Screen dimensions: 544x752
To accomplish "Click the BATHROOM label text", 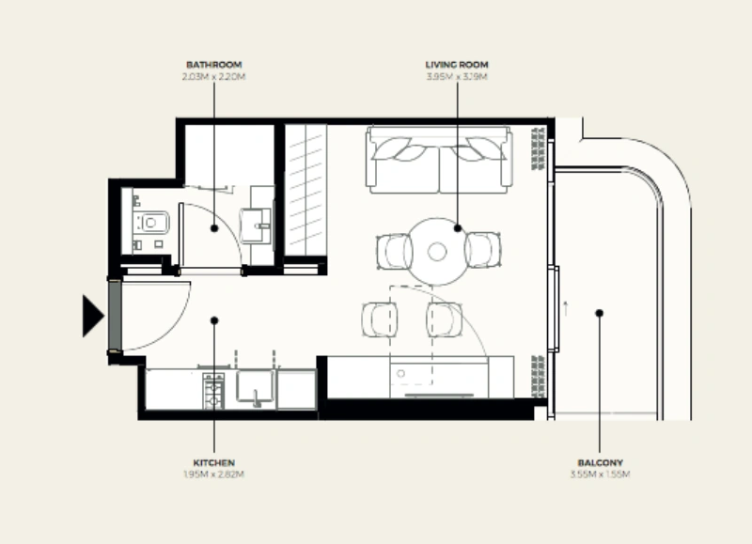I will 214,65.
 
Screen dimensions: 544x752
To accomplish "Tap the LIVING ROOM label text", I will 457,65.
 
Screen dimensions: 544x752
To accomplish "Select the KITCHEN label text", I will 214,463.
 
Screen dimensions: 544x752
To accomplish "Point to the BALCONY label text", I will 600,463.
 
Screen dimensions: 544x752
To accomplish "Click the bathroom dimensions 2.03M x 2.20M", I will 214,75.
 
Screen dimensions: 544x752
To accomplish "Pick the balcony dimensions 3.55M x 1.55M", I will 600,474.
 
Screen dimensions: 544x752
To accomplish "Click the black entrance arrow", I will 92,315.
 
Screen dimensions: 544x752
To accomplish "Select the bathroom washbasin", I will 256,223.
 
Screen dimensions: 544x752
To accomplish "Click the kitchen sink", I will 255,388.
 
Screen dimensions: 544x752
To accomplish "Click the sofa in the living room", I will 440,160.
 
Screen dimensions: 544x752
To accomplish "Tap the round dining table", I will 437,251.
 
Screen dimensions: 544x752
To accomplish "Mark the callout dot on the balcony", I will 599,313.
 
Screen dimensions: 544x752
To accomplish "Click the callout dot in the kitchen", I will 214,320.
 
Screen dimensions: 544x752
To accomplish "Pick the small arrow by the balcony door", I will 565,304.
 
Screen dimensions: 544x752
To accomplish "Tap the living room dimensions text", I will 457,75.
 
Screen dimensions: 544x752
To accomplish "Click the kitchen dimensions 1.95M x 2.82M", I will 214,474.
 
